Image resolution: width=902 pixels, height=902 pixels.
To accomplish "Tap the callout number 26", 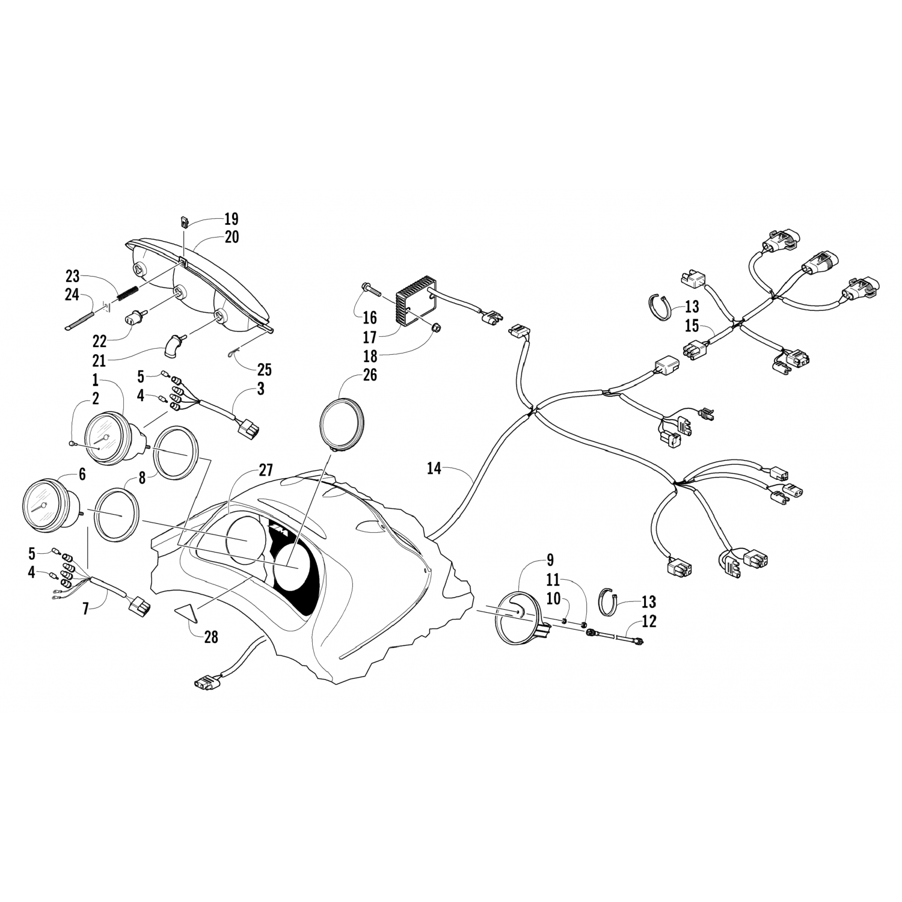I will [369, 375].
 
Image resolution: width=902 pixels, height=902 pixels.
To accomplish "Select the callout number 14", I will [434, 468].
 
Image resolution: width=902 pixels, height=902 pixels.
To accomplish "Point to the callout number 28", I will [210, 637].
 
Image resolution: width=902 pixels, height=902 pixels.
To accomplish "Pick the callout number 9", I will [550, 562].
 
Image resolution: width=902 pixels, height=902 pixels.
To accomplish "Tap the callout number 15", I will [692, 327].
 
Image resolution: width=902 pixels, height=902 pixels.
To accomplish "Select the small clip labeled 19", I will [185, 222].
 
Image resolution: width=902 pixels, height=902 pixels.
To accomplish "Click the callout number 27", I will [266, 470].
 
